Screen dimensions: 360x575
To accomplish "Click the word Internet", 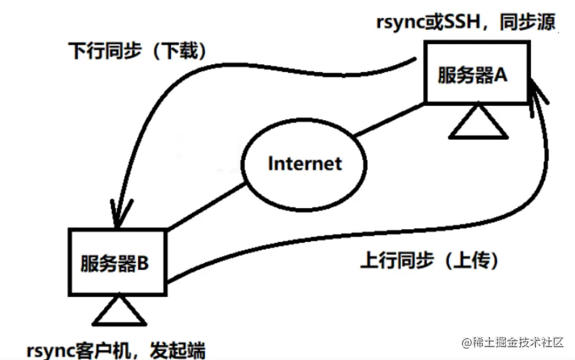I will pos(304,163).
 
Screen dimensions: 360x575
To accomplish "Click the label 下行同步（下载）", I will pos(137,51).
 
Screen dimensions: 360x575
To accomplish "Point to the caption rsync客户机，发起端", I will pos(116,350).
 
